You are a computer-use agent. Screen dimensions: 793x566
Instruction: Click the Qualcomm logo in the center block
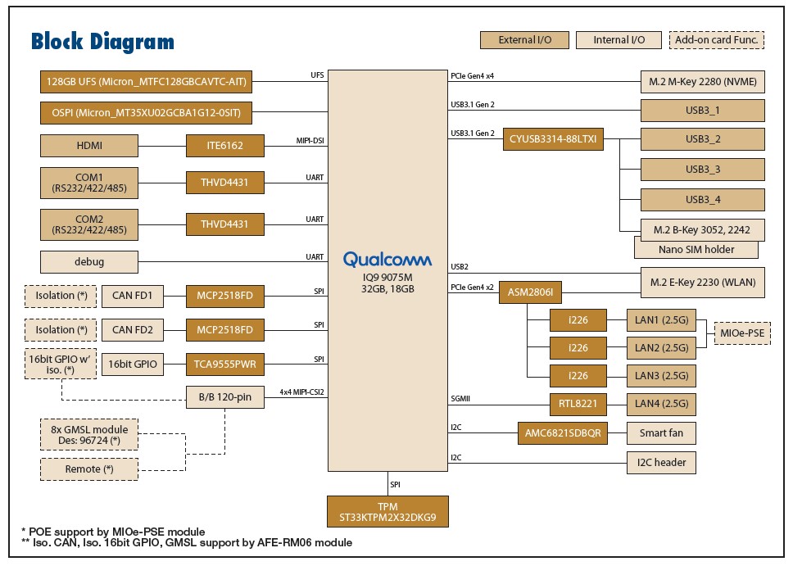pos(387,259)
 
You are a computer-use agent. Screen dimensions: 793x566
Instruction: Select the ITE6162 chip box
pos(225,146)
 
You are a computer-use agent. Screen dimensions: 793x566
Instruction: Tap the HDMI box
pos(89,146)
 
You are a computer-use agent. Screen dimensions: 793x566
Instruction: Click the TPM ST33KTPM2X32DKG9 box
pos(387,511)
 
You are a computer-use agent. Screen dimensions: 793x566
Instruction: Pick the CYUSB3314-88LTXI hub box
pos(553,139)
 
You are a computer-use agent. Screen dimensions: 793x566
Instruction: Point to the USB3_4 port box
pos(702,200)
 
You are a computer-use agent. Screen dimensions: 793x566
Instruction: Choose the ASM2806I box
pos(530,292)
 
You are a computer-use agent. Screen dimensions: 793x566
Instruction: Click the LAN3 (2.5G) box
pos(661,376)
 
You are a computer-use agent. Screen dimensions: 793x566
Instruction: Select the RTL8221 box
pos(578,404)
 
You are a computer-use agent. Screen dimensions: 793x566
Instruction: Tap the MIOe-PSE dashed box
pos(742,333)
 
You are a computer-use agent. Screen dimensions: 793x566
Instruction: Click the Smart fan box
pos(661,433)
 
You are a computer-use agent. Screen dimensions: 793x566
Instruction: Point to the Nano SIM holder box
pos(696,249)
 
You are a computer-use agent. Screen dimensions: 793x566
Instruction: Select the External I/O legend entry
pos(524,40)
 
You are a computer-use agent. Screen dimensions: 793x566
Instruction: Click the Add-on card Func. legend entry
pos(717,40)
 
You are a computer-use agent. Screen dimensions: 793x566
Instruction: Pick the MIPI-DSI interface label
pos(310,141)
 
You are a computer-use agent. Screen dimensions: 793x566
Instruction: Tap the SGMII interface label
pos(460,399)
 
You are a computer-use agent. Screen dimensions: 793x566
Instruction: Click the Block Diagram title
pos(102,42)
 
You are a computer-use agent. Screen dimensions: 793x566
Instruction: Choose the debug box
pos(89,262)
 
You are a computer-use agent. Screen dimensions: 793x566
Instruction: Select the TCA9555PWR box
pos(225,365)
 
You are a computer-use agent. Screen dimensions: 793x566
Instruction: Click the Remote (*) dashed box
pos(89,469)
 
